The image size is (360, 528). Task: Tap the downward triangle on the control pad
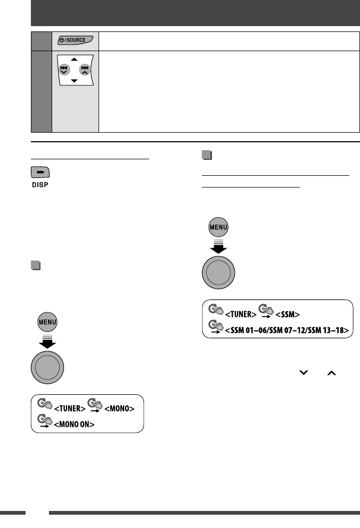(75, 80)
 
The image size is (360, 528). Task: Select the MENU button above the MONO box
(47, 322)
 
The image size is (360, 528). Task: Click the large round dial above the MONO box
(47, 367)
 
